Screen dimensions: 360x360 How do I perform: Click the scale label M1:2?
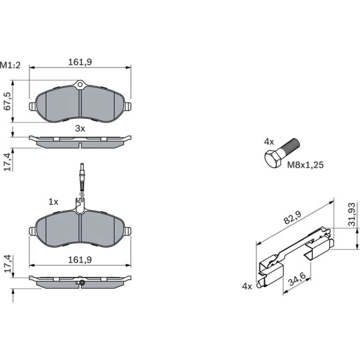10,65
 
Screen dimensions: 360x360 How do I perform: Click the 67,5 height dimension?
8,101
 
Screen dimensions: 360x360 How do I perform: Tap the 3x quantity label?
80,129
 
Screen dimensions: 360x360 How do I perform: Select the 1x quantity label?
53,202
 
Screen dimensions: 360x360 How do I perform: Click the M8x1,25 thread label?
306,165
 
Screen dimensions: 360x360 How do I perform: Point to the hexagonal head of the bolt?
273,159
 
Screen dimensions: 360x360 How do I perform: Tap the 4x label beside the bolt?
269,142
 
